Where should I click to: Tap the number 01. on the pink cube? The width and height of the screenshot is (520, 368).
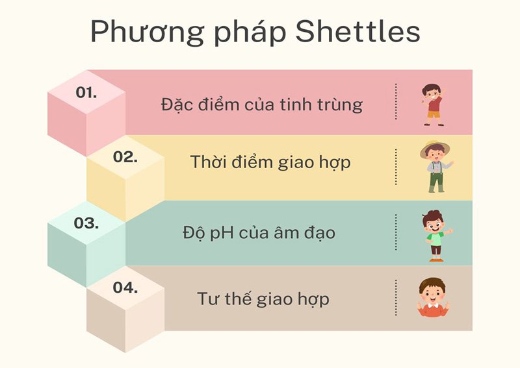(86, 92)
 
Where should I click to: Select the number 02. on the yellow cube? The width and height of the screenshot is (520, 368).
(125, 156)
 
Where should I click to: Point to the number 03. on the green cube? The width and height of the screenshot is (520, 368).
(86, 223)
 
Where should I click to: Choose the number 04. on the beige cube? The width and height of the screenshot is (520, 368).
(125, 287)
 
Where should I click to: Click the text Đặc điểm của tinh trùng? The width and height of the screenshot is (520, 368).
(261, 104)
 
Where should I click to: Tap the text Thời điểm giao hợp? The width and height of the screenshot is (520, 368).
(270, 162)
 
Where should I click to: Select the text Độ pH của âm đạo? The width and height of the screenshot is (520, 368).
(259, 232)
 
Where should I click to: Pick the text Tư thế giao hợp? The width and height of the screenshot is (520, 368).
(263, 299)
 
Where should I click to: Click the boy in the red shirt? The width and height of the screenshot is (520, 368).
(432, 104)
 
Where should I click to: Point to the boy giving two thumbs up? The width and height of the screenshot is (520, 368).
(432, 299)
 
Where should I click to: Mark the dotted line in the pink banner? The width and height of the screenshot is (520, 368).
(395, 102)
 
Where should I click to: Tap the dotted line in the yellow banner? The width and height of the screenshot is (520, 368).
(395, 167)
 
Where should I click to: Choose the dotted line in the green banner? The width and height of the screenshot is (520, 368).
(395, 232)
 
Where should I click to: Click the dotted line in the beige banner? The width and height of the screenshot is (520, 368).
(395, 298)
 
